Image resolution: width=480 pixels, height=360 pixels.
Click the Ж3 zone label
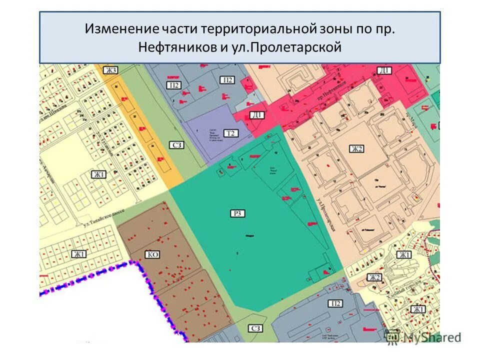pyautogui.click(x=110, y=70)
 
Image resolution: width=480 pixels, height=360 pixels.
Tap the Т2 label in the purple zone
pyautogui.click(x=230, y=133)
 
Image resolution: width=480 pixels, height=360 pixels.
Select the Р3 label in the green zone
pyautogui.click(x=238, y=214)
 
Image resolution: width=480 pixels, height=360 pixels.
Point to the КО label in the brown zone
pyautogui.click(x=152, y=254)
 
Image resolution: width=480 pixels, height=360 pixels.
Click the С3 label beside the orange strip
pyautogui.click(x=177, y=145)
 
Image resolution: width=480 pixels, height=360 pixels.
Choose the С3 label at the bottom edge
pyautogui.click(x=255, y=328)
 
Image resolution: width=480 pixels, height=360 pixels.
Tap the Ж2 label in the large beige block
pyautogui.click(x=356, y=148)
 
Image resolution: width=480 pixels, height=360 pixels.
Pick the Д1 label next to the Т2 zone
pyautogui.click(x=257, y=115)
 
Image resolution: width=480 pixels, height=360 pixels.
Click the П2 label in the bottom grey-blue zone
pyautogui.click(x=335, y=303)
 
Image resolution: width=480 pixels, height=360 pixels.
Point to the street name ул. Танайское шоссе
pyautogui.click(x=99, y=219)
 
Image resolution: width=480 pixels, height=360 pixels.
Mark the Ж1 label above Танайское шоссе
pyautogui.click(x=98, y=174)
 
